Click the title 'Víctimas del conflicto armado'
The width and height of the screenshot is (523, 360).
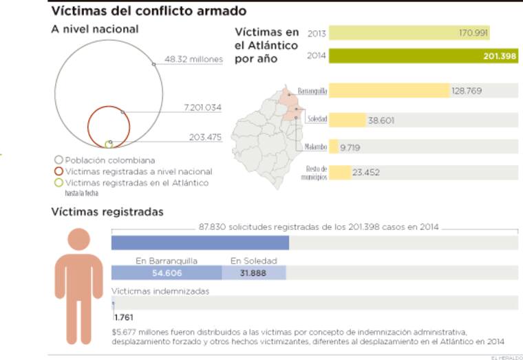149,11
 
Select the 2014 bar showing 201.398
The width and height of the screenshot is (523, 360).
423,56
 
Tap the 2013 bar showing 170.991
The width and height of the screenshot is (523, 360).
409,33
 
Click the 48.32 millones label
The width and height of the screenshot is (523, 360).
193,60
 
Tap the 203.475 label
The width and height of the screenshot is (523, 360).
205,137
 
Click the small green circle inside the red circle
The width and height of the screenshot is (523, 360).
109,144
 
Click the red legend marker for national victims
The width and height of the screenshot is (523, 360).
58,171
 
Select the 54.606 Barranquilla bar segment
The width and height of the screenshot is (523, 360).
167,273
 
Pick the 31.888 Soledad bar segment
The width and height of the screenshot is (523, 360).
253,273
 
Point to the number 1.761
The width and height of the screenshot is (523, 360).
124,317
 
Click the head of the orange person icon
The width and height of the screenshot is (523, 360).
79,240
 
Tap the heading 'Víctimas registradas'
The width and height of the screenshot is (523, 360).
107,212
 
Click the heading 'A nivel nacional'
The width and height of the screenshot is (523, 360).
94,30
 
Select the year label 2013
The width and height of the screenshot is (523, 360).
317,33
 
